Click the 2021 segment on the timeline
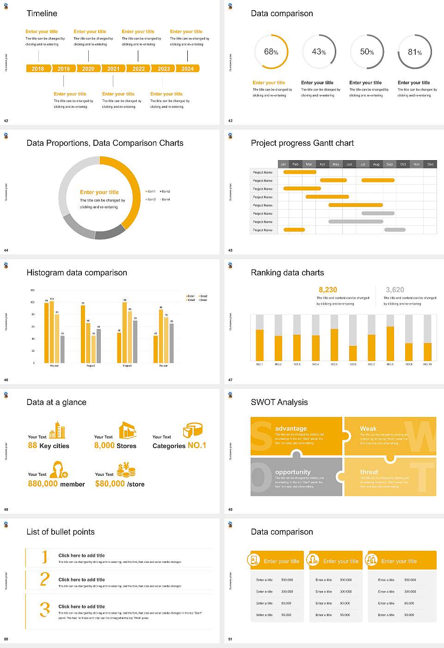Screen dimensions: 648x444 click(x=113, y=69)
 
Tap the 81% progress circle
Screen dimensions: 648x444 click(x=414, y=52)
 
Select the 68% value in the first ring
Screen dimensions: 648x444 click(x=271, y=52)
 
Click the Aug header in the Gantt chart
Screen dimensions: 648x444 click(x=376, y=164)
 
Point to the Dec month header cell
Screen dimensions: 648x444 click(x=430, y=164)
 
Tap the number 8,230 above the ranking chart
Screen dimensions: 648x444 click(x=328, y=290)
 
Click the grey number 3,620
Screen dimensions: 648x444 click(x=395, y=290)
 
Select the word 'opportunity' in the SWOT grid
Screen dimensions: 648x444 click(x=293, y=472)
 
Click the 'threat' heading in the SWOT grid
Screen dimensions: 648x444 click(x=369, y=472)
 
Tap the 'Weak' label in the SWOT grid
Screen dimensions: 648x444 click(x=368, y=429)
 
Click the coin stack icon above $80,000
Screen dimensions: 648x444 click(x=126, y=470)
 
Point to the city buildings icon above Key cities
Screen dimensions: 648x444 click(x=57, y=430)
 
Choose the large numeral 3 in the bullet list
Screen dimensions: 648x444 click(x=45, y=609)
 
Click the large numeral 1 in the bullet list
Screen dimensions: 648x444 click(x=45, y=557)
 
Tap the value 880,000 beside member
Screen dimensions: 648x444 click(x=43, y=484)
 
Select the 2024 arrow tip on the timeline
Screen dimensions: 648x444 click(x=188, y=69)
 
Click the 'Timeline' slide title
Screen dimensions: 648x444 click(x=42, y=13)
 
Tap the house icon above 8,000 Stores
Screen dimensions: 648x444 click(x=127, y=430)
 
